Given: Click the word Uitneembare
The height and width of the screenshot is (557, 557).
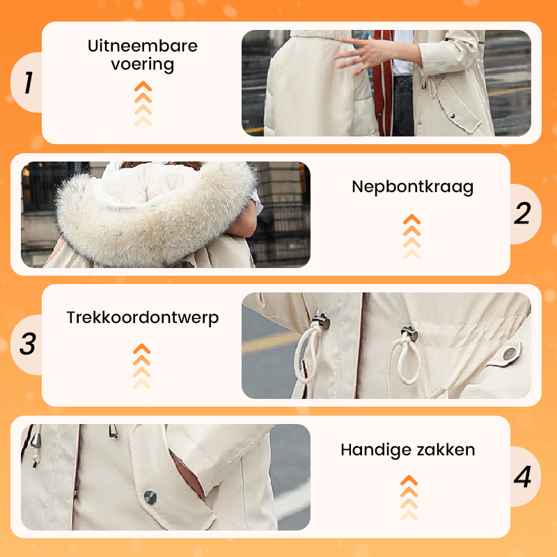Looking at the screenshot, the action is pos(143,46).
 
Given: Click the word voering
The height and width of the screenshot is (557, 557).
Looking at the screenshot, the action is pos(143,65).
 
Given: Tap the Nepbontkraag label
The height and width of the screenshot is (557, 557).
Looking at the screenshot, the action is pos(412,187).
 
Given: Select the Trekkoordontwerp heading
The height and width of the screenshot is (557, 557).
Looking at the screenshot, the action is pos(143,318).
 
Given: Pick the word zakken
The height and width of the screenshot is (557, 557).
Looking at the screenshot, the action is pos(446,450).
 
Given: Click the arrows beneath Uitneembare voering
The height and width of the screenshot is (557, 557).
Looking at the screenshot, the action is pos(143,103).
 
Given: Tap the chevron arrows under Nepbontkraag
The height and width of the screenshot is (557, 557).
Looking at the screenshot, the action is pos(411,236).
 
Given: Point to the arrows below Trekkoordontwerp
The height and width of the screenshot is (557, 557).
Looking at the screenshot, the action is pos(142,366).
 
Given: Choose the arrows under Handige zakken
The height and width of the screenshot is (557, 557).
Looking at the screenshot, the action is pos(409,497).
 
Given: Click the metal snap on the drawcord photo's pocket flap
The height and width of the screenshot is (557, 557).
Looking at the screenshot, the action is pos(510,354).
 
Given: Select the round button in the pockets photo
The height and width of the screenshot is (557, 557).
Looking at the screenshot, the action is pos(150,497).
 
